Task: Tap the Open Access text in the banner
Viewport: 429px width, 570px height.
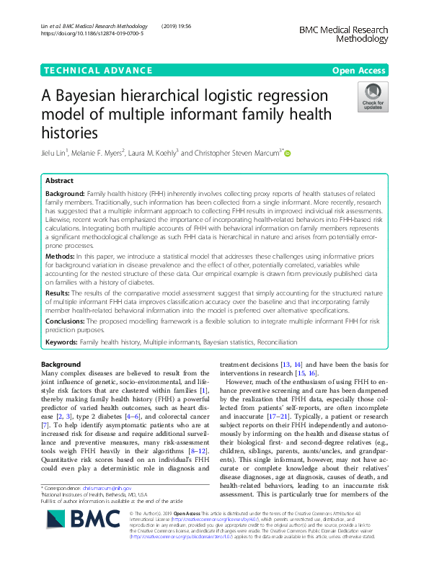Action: pyautogui.click(x=360, y=70)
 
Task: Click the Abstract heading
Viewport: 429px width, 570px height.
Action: pyautogui.click(x=59, y=182)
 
